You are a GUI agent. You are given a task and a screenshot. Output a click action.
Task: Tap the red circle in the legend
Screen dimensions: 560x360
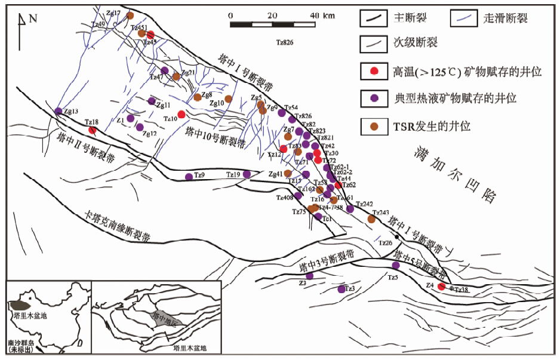pyautogui.click(x=374, y=72)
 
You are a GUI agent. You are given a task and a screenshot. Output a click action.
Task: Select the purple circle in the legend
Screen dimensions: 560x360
pyautogui.click(x=374, y=97)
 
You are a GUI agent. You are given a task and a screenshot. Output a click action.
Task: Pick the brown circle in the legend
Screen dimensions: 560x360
pyautogui.click(x=374, y=126)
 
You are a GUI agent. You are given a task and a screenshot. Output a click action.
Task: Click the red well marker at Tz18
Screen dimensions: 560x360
pyautogui.click(x=93, y=130)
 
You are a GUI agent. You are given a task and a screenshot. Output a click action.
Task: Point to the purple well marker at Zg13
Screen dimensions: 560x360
pyautogui.click(x=58, y=111)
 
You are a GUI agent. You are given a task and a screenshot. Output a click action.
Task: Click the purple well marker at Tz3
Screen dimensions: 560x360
pyautogui.click(x=341, y=290)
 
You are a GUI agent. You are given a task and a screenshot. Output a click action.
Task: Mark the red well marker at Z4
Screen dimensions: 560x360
pyautogui.click(x=441, y=287)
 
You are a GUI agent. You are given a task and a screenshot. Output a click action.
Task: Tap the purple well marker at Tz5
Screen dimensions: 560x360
pyautogui.click(x=395, y=266)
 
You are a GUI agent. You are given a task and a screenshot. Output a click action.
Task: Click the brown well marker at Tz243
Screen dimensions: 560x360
pyautogui.click(x=371, y=219)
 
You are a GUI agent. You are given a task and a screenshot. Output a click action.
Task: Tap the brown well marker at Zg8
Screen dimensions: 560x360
pyautogui.click(x=198, y=97)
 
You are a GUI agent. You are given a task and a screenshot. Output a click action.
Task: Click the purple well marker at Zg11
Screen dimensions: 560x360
pyautogui.click(x=152, y=101)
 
